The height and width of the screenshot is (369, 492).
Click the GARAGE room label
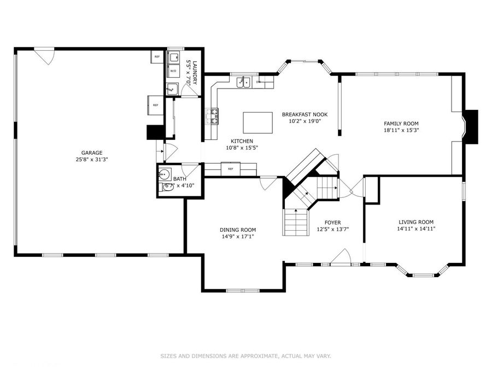[x=92, y=153]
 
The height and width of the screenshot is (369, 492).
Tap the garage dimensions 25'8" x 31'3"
[x=92, y=160]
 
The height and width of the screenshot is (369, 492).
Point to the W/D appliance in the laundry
[x=173, y=71]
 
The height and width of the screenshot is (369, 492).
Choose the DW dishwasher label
[x=258, y=82]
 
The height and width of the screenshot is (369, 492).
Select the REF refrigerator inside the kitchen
[x=230, y=169]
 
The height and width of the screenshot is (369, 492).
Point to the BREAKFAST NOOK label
[x=304, y=114]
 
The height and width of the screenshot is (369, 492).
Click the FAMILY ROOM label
[x=401, y=124]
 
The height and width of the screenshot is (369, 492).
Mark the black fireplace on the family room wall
[x=471, y=127]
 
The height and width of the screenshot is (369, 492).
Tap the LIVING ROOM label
[x=416, y=221]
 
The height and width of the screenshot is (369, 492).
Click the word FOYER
[x=332, y=222]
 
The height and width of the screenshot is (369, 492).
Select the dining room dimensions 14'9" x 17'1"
[x=238, y=237]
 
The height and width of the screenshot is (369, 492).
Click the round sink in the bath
[x=163, y=175]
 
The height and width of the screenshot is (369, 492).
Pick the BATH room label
[x=180, y=179]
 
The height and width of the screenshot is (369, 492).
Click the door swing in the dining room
[x=268, y=183]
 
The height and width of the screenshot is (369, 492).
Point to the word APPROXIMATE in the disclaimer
[x=252, y=356]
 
